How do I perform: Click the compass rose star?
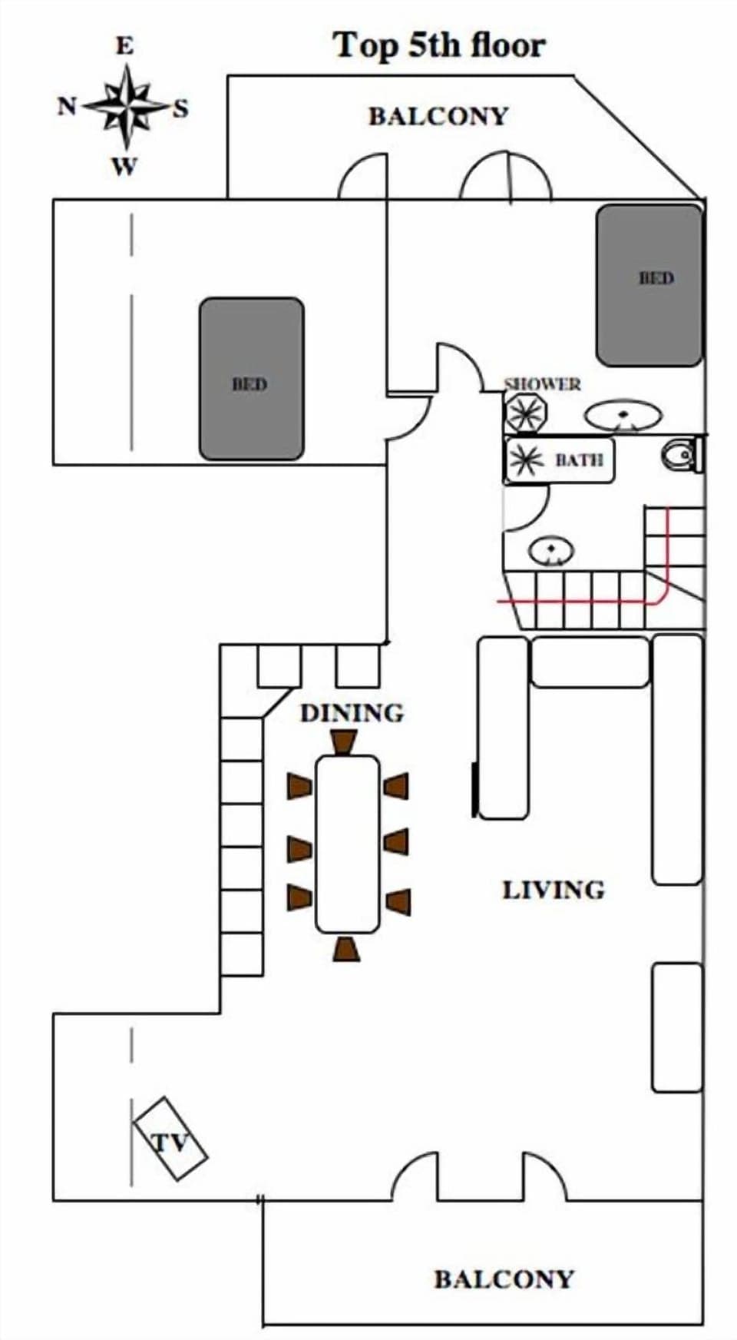pyautogui.click(x=126, y=106)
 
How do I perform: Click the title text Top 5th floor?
pyautogui.click(x=438, y=45)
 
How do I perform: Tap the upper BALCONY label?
pyautogui.click(x=438, y=116)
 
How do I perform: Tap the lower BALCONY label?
pyautogui.click(x=504, y=1279)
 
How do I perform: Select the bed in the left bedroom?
pyautogui.click(x=251, y=379)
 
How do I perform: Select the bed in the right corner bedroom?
pyautogui.click(x=649, y=284)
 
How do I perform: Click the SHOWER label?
pyautogui.click(x=542, y=383)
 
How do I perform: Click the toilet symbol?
pyautogui.click(x=681, y=455)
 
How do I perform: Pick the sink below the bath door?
pyautogui.click(x=551, y=550)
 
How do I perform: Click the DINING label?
pyautogui.click(x=352, y=713)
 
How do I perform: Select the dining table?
pyautogui.click(x=347, y=844)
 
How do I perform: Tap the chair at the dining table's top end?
pyautogui.click(x=344, y=742)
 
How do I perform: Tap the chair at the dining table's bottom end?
pyautogui.click(x=346, y=949)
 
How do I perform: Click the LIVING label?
pyautogui.click(x=553, y=890)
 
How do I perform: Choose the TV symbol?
pyautogui.click(x=170, y=1138)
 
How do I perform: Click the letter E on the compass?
pyautogui.click(x=124, y=46)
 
